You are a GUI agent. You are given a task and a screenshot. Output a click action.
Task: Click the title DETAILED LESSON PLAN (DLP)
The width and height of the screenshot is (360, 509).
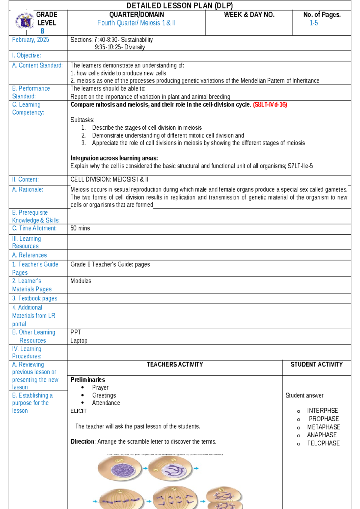[179, 5]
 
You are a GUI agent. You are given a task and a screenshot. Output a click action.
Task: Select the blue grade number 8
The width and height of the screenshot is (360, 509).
[42, 31]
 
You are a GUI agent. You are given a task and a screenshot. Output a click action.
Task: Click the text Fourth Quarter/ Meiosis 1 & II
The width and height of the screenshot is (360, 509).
[136, 23]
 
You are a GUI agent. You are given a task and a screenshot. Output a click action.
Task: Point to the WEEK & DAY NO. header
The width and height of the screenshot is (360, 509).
[249, 14]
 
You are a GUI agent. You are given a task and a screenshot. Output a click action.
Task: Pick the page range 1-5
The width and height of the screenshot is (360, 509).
[313, 23]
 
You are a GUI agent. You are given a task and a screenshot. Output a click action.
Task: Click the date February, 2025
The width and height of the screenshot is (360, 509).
[30, 40]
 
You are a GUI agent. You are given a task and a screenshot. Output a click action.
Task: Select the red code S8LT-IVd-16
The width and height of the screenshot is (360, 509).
[270, 104]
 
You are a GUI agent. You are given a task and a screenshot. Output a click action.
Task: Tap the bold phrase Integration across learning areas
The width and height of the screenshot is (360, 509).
[114, 158]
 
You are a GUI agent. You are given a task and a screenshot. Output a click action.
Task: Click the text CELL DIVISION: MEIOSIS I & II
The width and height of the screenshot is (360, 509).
[109, 179]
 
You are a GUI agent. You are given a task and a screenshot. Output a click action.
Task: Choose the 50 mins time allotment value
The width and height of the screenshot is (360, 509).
[80, 228]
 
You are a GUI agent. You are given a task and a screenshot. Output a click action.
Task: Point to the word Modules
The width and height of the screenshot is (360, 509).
[81, 281]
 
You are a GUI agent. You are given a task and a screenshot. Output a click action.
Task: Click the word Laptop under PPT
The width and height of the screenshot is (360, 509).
[79, 340]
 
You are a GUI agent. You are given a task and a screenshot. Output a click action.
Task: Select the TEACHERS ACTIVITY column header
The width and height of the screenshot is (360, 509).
[175, 364]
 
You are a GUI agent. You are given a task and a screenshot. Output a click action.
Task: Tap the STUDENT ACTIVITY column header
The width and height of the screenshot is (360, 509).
[316, 364]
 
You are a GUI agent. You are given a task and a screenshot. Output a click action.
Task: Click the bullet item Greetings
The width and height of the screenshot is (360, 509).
[104, 395]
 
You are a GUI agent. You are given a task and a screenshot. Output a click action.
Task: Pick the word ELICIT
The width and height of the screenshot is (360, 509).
[78, 411]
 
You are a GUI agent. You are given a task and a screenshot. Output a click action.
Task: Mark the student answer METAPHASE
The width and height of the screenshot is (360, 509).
[323, 427]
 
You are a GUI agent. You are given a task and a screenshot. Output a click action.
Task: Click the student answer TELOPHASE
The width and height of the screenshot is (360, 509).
[323, 443]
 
